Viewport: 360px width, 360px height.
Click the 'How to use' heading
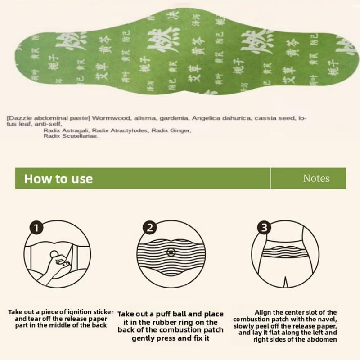[x=58, y=179]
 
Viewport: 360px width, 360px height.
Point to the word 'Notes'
[x=316, y=179]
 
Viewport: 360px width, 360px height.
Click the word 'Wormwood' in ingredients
[x=109, y=118]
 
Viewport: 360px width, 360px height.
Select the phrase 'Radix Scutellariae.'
[x=71, y=136]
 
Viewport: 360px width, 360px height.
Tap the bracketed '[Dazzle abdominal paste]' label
[x=48, y=118]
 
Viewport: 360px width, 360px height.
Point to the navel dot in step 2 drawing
[x=171, y=252]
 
